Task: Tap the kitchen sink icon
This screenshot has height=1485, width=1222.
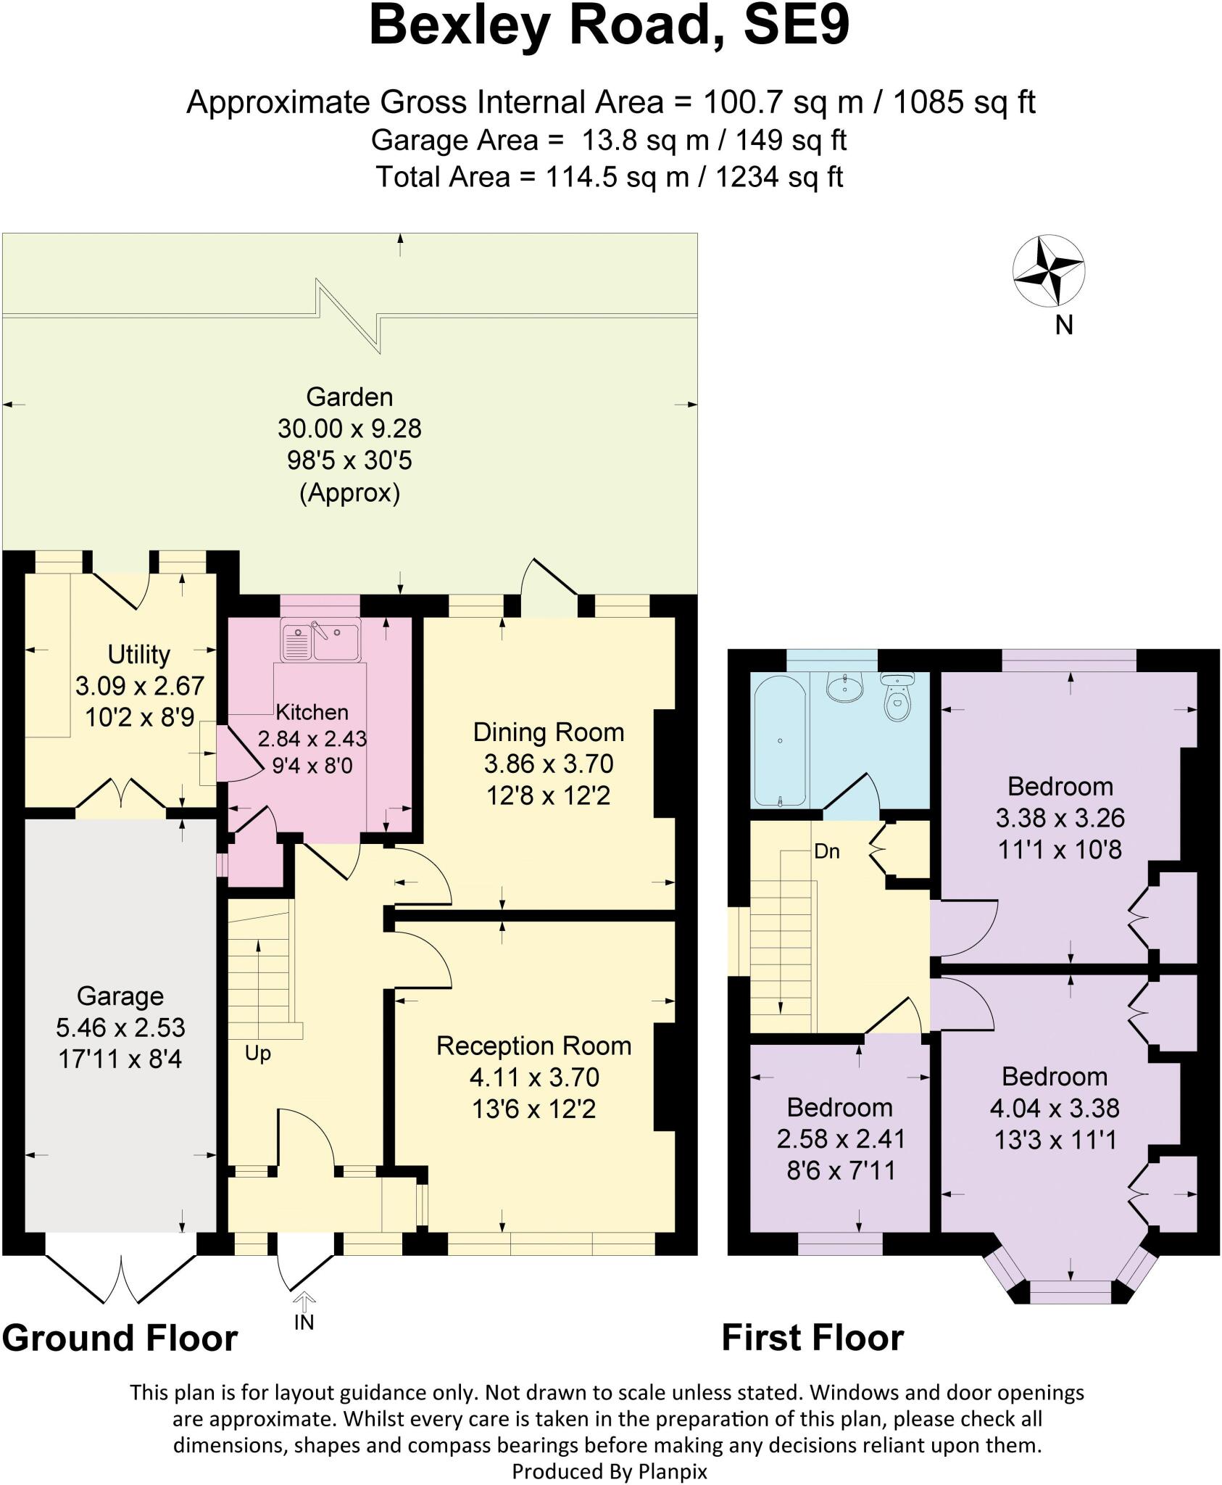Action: tap(320, 642)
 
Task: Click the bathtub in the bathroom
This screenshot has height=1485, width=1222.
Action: tap(780, 740)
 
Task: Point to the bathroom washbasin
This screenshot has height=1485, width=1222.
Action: tap(844, 685)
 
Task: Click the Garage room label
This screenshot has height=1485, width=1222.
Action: tap(120, 996)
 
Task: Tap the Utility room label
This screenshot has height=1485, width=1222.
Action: tap(138, 654)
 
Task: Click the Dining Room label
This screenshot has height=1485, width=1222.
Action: tap(548, 732)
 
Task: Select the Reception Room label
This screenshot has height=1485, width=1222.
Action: tap(533, 1046)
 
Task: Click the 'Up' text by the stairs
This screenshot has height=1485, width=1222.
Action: tap(257, 1053)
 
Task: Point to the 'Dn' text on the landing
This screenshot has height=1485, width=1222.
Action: tap(826, 851)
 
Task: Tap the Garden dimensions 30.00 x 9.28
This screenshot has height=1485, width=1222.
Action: tap(349, 429)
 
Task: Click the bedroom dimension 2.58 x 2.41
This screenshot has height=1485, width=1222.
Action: tap(841, 1138)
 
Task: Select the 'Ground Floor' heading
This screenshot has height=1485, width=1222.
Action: tap(120, 1338)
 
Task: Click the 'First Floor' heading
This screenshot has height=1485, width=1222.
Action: tap(812, 1338)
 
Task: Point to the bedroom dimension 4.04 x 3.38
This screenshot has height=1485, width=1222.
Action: tap(1054, 1108)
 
